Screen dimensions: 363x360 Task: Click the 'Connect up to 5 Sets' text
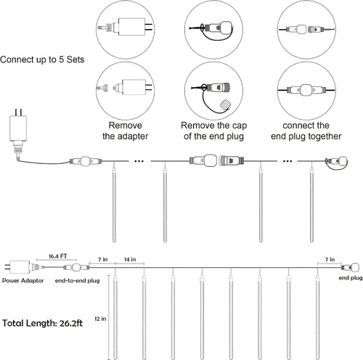42,60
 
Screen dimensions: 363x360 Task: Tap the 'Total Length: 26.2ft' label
42,323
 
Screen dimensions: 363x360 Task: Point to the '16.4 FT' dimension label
57,256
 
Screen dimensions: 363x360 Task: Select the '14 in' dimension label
130,260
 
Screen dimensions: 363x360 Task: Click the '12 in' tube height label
100,319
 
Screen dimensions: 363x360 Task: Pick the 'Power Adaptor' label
23,281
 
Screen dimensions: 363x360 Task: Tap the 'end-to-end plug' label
77,281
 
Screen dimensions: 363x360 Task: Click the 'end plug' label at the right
351,278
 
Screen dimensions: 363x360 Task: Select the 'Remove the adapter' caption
125,131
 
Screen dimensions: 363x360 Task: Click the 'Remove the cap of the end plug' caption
213,131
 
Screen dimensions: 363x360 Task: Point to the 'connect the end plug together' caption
306,131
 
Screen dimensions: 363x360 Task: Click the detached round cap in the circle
225,105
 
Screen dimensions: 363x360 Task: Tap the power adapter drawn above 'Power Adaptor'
20,267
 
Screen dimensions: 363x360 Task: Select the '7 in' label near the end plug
330,260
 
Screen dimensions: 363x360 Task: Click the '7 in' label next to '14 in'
102,260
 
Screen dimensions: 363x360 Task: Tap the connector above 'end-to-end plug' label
76,268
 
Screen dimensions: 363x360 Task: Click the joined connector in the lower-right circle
306,90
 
